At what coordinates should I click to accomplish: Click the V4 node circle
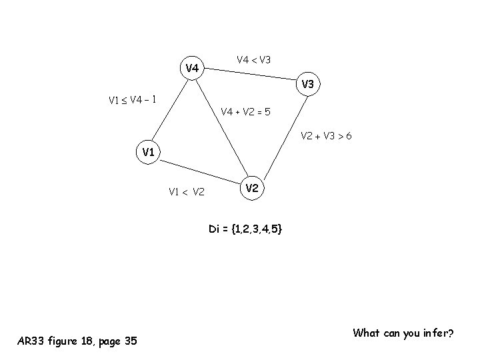coord(192,68)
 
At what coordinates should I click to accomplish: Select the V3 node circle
coord(307,85)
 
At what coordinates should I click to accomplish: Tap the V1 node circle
coord(149,153)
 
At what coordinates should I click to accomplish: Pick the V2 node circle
coord(251,189)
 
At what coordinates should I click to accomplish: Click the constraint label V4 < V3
coord(253,60)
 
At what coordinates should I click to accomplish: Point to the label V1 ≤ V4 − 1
coord(133,100)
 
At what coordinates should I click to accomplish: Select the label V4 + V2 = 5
coord(246,111)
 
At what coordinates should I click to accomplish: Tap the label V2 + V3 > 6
coord(326,137)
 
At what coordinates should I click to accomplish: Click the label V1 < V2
coord(187,193)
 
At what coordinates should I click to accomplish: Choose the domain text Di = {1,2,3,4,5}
coord(245,229)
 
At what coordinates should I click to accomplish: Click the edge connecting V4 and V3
coord(250,76)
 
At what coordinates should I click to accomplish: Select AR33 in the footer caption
coord(29,341)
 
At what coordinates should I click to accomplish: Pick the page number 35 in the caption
coord(131,341)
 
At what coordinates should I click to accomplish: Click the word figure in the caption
coord(63,341)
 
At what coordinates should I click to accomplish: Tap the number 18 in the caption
coord(89,341)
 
